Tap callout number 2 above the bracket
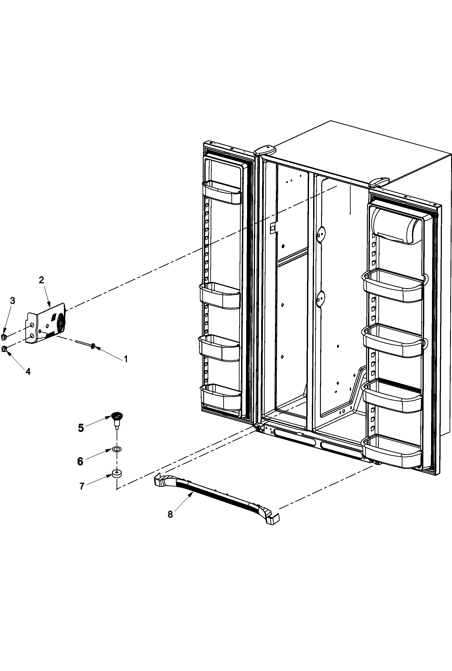tap(41, 280)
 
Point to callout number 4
tap(28, 371)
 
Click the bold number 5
tap(81, 428)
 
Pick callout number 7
tap(82, 486)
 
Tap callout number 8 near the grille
tap(170, 514)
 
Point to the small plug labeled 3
tap(4, 337)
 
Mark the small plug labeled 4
tap(4, 349)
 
